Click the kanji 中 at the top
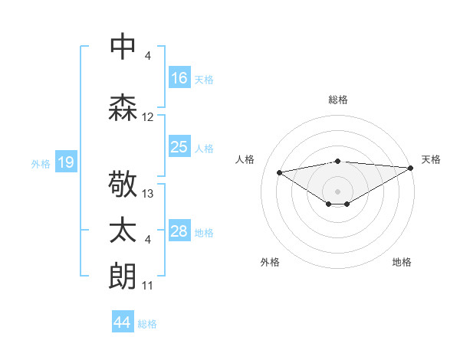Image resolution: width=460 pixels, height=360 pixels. [123, 47]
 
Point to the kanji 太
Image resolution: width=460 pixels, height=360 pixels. [123, 232]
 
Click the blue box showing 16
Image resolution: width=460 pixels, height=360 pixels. [179, 78]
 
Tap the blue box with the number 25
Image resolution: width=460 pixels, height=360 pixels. [179, 147]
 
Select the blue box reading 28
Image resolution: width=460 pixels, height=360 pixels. [179, 231]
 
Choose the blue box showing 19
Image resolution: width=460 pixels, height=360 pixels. [66, 162]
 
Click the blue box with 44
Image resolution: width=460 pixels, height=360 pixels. [123, 322]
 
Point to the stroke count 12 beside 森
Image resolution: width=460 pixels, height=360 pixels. [148, 117]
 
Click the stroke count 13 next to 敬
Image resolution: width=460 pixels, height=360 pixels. [148, 194]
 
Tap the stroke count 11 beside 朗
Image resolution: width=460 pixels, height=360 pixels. [148, 286]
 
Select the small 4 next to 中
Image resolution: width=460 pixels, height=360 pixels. [148, 56]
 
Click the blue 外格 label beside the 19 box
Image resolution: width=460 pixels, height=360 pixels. [40, 163]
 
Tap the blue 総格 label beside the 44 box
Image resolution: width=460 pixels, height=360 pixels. [147, 324]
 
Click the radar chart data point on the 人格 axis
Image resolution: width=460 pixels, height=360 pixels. [279, 172]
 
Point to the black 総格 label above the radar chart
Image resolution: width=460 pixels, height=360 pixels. [337, 100]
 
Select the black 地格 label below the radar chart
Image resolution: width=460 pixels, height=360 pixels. [402, 262]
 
